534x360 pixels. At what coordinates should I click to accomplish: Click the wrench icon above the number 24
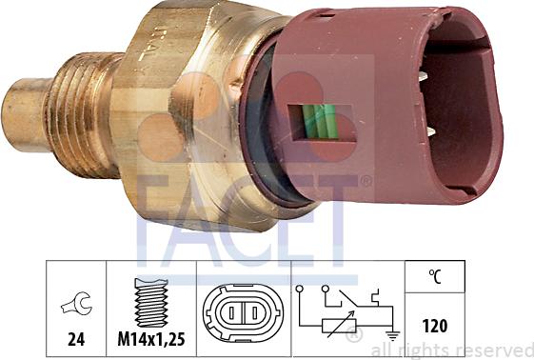pos(75,305)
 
